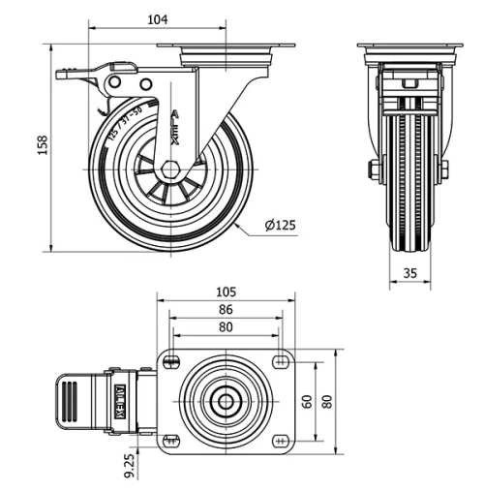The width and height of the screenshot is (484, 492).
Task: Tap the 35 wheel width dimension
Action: click(x=409, y=274)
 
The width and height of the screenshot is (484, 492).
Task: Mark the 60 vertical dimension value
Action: click(x=307, y=401)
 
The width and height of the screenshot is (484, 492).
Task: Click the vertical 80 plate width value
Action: click(x=327, y=401)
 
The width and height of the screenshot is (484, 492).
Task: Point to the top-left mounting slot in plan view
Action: click(x=172, y=362)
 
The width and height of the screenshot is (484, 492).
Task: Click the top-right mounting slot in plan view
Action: click(x=281, y=362)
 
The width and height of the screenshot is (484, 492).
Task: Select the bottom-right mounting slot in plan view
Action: click(x=281, y=440)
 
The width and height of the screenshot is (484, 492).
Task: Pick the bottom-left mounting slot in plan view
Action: click(x=172, y=440)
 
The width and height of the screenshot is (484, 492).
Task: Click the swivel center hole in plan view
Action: click(x=225, y=401)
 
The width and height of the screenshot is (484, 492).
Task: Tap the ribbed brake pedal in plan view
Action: click(x=70, y=400)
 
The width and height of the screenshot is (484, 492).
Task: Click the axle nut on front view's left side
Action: click(x=373, y=170)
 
